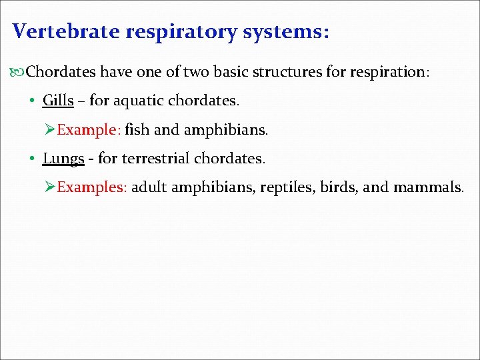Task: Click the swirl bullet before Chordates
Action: [x=18, y=71]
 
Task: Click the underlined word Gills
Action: [x=58, y=101]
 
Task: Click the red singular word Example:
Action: [x=88, y=130]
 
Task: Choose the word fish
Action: [x=137, y=130]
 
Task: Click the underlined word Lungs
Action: [x=63, y=159]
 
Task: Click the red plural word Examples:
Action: [x=91, y=187]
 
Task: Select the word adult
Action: [x=149, y=187]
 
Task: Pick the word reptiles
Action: [x=287, y=187]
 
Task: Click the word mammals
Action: [x=427, y=187]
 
